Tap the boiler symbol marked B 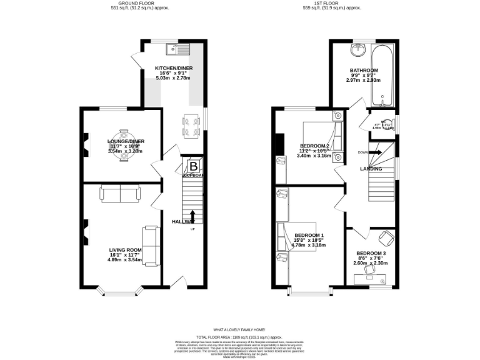click(193, 166)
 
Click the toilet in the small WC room click(387, 123)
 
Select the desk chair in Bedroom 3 click(386, 238)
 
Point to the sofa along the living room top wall click(121, 194)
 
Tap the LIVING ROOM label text click(125, 249)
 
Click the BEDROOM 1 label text click(309, 235)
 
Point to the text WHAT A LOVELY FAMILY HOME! click(239, 329)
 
